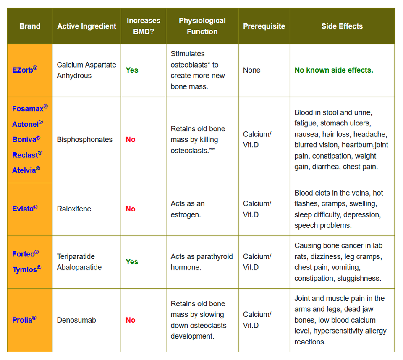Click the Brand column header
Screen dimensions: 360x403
pos(30,26)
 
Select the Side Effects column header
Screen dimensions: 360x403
pos(342,26)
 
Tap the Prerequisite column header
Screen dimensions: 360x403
pos(264,26)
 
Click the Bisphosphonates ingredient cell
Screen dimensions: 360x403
pos(85,139)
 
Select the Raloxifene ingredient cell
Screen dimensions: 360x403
pos(74,209)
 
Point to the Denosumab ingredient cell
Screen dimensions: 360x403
pos(76,320)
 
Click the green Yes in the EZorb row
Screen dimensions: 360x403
pos(132,70)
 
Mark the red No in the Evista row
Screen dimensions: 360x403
pos(131,209)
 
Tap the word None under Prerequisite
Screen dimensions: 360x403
pos(251,70)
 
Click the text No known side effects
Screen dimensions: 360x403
pos(334,70)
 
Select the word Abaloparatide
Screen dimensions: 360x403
pos(79,267)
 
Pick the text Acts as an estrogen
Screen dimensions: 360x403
pos(188,209)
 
